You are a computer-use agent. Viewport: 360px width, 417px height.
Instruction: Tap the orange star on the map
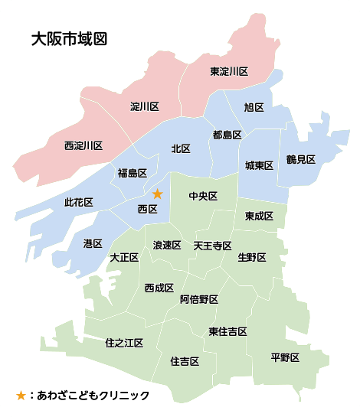click(x=158, y=194)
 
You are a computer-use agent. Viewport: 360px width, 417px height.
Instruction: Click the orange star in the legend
click(x=21, y=396)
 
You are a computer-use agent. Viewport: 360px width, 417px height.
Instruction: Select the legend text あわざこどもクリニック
click(x=93, y=396)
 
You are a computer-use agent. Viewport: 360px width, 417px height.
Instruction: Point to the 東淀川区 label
click(x=229, y=71)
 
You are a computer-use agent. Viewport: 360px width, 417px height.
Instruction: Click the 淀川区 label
click(x=144, y=106)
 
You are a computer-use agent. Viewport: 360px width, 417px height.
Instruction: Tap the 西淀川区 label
click(x=83, y=145)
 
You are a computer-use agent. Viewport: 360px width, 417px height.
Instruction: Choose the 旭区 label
click(x=254, y=107)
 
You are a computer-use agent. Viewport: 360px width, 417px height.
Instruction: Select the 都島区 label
click(x=227, y=135)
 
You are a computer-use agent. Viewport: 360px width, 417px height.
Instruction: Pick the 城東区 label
click(x=260, y=165)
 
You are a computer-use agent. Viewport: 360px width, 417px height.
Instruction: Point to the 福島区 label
click(x=132, y=172)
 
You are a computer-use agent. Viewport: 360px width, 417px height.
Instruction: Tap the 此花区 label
click(x=79, y=202)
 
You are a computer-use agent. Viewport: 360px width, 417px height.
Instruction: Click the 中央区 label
click(x=204, y=197)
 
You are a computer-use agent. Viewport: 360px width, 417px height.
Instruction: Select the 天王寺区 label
click(x=212, y=246)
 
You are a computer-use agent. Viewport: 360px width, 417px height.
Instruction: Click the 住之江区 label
click(x=124, y=343)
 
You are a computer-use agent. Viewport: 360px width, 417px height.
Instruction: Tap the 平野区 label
click(x=285, y=357)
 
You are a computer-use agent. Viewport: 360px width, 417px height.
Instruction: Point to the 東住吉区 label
click(x=227, y=331)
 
